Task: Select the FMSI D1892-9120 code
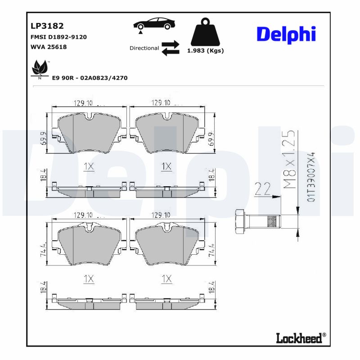pos(58,37)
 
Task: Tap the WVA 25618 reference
pos(49,47)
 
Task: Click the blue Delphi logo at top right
pos(286,34)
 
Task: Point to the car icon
pos(154,24)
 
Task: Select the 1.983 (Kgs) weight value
pos(205,51)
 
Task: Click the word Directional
pos(144,48)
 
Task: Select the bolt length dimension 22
pos(263,189)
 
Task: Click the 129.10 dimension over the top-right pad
pos(161,103)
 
